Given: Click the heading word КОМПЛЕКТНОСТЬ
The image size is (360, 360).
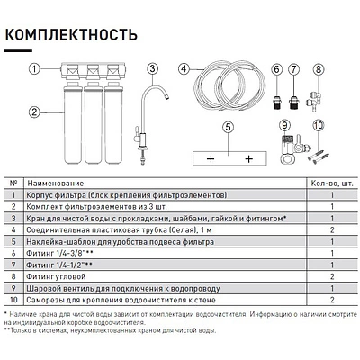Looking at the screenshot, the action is click(x=71, y=34).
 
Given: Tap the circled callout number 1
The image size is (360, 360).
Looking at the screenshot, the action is click(x=34, y=69).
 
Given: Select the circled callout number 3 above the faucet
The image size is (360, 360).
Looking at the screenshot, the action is click(x=152, y=68).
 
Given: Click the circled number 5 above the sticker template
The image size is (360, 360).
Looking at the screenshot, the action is click(x=229, y=127).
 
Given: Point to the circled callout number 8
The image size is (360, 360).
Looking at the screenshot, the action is click(x=319, y=69).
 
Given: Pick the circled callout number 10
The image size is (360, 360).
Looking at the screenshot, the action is click(x=319, y=125).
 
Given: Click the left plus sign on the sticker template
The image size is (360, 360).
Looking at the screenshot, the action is click(x=211, y=158).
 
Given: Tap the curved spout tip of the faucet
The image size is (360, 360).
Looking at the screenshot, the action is click(x=166, y=96).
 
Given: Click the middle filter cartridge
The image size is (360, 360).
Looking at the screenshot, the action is click(x=94, y=123).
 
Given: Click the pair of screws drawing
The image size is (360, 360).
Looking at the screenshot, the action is click(x=318, y=158).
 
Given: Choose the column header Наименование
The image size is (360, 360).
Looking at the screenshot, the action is click(x=55, y=183).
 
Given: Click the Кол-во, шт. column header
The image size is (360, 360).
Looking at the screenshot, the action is click(x=332, y=183).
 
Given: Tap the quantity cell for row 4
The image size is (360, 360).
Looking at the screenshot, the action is click(x=332, y=230).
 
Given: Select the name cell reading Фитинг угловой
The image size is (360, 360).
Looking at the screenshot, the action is click(x=56, y=276).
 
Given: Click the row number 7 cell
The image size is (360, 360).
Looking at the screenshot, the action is click(x=13, y=265).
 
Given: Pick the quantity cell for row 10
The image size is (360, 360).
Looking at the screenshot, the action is click(x=332, y=300).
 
